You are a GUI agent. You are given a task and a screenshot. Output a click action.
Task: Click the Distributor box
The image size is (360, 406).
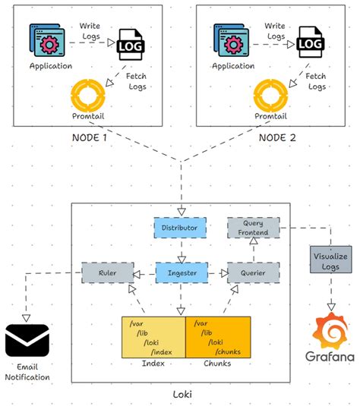pos(180,227)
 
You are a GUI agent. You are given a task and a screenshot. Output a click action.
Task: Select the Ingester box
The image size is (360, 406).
pos(181,272)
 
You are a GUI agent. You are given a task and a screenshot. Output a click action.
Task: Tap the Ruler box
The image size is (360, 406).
pos(106,272)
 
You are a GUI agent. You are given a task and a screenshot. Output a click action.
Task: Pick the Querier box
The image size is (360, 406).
pos(254,272)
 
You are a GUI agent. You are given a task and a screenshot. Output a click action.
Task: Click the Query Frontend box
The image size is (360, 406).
pos(254,228)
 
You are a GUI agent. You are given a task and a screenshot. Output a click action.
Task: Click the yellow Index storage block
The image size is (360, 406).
pos(153,336)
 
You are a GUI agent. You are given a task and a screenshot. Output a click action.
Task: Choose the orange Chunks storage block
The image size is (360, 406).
pos(217,336)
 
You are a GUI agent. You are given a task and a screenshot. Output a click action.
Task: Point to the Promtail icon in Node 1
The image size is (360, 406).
pos(87,95)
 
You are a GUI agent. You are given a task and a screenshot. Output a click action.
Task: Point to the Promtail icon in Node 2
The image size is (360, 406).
pos(272,95)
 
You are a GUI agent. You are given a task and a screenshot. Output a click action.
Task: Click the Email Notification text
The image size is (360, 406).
pos(27,372)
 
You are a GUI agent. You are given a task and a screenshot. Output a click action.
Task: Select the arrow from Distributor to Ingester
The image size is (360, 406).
pos(181,249)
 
